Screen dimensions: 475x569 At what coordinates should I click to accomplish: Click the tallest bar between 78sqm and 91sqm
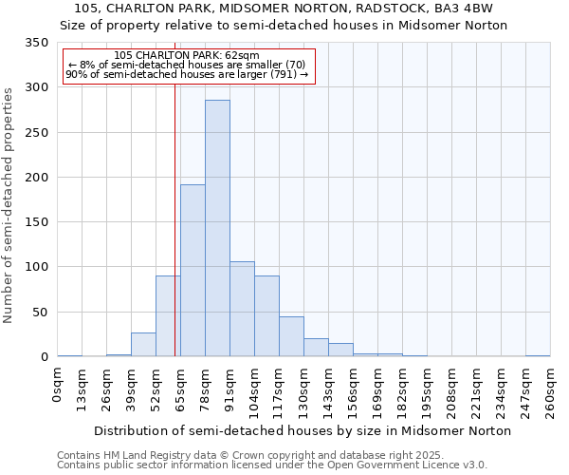tap(217, 228)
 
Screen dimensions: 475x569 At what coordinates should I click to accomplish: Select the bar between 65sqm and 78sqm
tap(193, 271)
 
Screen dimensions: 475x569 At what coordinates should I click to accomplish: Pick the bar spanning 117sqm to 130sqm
tap(291, 336)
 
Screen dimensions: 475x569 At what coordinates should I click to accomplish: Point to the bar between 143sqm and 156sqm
tap(340, 350)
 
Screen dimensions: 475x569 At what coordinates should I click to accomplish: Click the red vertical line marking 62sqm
tap(175, 218)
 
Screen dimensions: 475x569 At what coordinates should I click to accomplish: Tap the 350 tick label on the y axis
tap(37, 44)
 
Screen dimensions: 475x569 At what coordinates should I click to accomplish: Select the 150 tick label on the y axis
tap(37, 222)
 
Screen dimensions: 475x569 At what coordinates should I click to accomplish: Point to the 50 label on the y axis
tap(41, 312)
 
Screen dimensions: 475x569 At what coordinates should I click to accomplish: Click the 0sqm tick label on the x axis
tap(58, 387)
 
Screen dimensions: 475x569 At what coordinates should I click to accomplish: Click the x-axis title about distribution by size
tap(303, 430)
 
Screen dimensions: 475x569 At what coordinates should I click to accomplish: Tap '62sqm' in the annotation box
tap(239, 55)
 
